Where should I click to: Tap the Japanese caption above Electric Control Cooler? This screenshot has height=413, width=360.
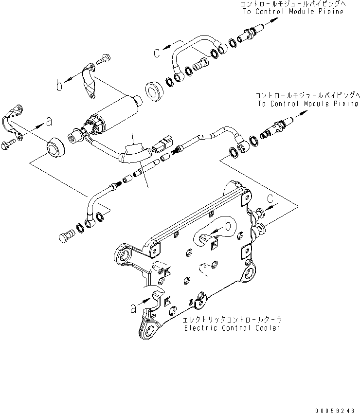pos(233,320)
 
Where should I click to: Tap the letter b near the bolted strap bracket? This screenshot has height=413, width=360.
pos(59,86)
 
